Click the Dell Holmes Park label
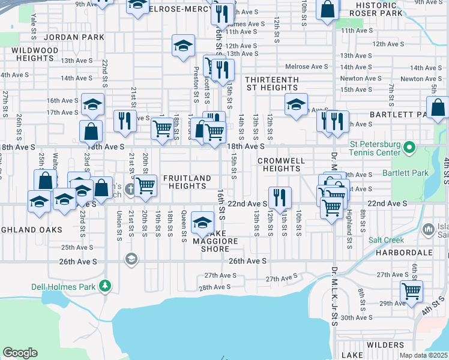coord(64,287)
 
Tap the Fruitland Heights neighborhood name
coord(188,182)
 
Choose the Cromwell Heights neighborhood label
coord(282,165)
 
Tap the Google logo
coord(20,353)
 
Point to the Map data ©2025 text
coord(423,355)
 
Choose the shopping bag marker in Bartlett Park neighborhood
coord(439,108)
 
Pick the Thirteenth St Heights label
coord(272,83)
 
